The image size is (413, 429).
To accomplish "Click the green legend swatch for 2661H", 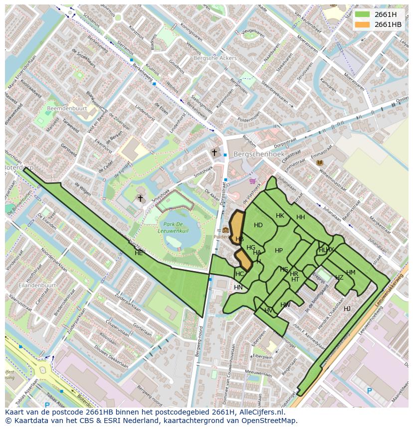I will (362, 14).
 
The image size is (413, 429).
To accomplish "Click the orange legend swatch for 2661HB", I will (362, 24).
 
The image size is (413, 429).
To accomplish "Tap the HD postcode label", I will (258, 225).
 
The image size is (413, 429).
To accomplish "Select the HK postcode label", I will (280, 216).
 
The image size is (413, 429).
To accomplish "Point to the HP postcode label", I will (279, 251).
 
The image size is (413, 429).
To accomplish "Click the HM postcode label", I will (351, 273).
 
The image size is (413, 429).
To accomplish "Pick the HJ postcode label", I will (347, 309).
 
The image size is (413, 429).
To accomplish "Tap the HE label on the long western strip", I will (139, 253).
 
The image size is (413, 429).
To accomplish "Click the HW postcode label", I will (285, 305).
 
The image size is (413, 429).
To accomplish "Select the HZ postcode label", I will (339, 278).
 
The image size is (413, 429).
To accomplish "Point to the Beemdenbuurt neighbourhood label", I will (67, 108).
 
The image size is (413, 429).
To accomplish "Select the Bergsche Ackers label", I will (215, 58).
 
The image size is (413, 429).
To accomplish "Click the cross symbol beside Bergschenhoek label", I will (214, 152).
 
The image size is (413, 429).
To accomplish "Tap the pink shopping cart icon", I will (253, 181).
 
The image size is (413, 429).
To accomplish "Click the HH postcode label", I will (300, 217).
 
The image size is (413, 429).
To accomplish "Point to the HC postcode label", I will (240, 274).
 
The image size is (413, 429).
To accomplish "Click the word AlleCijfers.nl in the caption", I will (260, 413).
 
